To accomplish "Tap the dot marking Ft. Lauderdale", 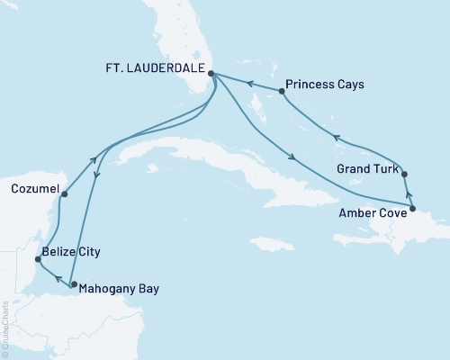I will coord(211,76).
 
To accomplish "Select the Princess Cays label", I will coord(325,91).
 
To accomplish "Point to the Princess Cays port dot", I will coord(282,91).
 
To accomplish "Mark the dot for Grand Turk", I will coord(404,174).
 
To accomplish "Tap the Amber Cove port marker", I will coord(412,210).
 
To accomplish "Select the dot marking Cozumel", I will coord(65,191).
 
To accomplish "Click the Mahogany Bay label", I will coord(117,289).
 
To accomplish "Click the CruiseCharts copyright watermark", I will coord(4,329).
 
